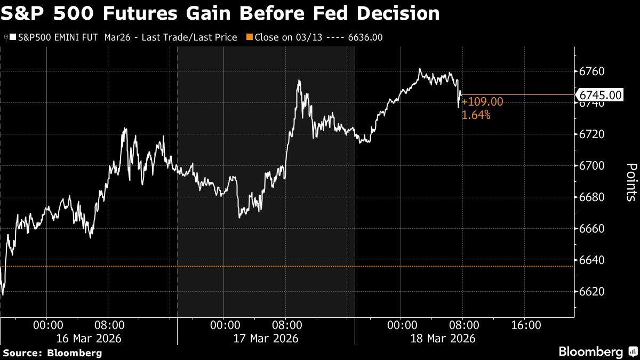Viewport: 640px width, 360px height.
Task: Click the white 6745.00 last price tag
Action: pos(601,95)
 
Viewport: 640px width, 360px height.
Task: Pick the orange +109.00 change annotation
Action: pos(482,102)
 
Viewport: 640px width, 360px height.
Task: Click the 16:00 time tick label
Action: pos(524,325)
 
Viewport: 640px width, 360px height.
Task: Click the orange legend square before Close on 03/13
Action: pos(249,37)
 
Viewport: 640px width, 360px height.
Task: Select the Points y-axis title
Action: pos(629,182)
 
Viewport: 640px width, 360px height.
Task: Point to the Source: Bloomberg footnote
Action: pos(52,353)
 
